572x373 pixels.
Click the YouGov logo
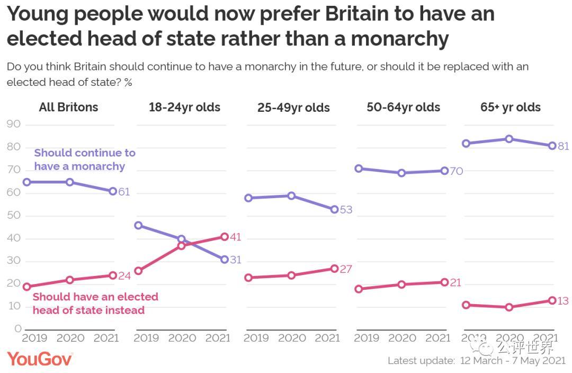(40, 359)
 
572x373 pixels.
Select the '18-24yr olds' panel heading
(184, 107)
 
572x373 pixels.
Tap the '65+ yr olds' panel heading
(510, 107)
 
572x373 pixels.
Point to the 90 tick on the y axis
(14, 125)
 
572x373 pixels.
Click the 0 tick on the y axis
(18, 329)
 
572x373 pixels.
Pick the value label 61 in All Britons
(124, 192)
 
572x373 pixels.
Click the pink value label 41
(235, 237)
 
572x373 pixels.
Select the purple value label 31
(235, 260)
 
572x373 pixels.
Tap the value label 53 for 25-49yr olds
(346, 210)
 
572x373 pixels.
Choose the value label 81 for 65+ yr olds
(563, 146)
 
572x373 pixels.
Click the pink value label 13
(563, 301)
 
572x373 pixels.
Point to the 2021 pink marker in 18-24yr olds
(224, 237)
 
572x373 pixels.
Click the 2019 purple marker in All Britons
(26, 182)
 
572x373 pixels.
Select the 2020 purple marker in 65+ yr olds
(509, 139)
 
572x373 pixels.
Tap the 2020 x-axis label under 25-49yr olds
(292, 338)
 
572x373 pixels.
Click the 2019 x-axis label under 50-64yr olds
(367, 338)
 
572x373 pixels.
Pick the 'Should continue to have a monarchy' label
(85, 159)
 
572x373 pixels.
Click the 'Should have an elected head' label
(95, 304)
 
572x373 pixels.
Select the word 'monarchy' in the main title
(399, 39)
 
